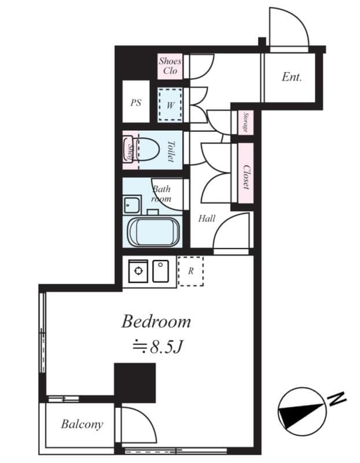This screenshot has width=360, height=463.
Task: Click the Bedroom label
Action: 156,322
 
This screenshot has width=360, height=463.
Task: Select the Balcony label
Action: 82,424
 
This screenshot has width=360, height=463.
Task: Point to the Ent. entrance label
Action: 292,76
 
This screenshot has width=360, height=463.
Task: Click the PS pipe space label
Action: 135,103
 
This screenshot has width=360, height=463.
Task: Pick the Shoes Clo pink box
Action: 170,66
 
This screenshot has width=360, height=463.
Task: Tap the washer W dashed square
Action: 171,105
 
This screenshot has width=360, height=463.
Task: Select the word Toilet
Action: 171,151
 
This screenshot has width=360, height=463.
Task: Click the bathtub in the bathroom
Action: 152,233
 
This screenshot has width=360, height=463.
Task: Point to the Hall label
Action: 207,218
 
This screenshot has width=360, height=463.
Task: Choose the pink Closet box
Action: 245,176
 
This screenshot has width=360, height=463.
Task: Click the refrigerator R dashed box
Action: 190,271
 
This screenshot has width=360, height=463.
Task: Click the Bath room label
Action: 161,193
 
